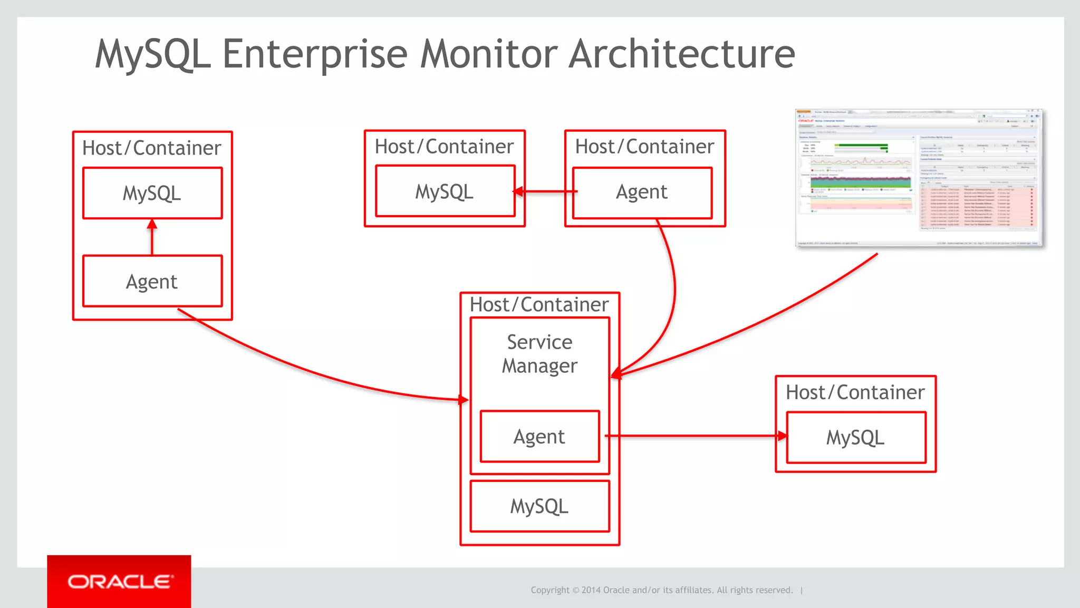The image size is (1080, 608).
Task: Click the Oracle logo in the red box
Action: click(119, 582)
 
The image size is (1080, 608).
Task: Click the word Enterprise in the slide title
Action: click(315, 54)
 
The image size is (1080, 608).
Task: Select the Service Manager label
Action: click(539, 354)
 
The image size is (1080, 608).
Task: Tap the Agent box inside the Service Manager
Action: click(539, 437)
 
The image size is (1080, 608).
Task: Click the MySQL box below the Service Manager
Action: click(539, 506)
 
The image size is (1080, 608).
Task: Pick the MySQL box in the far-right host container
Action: click(855, 438)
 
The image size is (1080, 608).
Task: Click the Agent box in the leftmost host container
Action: click(152, 282)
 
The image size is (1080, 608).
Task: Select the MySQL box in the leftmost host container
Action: click(152, 193)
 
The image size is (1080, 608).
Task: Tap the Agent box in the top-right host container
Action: click(642, 192)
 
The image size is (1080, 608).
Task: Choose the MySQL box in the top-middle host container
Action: click(445, 191)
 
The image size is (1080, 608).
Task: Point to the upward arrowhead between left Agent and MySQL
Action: click(152, 224)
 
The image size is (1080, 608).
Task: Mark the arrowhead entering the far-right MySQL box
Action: click(782, 436)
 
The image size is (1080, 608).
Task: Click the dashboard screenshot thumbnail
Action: click(918, 178)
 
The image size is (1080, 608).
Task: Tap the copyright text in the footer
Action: click(661, 590)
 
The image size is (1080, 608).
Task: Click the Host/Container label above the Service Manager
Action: click(539, 305)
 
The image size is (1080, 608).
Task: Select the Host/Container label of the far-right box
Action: click(855, 393)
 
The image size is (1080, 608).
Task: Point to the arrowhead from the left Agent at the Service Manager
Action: click(464, 400)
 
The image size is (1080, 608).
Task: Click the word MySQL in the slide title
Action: click(153, 54)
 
